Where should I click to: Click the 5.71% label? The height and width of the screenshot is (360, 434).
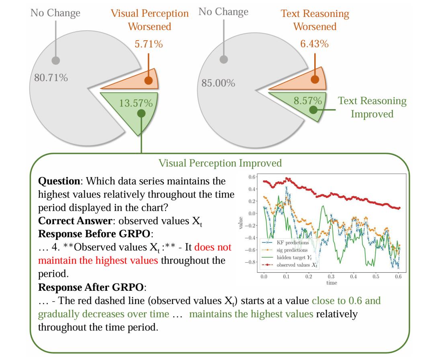pyautogui.click(x=149, y=44)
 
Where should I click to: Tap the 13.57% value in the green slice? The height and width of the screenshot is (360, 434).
pyautogui.click(x=136, y=103)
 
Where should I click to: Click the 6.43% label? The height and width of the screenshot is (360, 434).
pyautogui.click(x=315, y=44)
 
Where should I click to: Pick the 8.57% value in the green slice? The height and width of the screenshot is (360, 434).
pyautogui.click(x=307, y=101)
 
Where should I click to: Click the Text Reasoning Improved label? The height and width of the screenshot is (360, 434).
pyautogui.click(x=372, y=107)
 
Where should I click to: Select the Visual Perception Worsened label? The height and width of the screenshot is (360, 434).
pyautogui.click(x=149, y=20)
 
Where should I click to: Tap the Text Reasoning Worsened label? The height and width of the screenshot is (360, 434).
pyautogui.click(x=315, y=20)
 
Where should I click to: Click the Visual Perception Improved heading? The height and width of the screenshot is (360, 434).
pyautogui.click(x=220, y=163)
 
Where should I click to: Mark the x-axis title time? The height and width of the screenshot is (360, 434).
pyautogui.click(x=332, y=283)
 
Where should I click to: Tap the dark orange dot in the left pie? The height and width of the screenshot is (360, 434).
pyautogui.click(x=148, y=80)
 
